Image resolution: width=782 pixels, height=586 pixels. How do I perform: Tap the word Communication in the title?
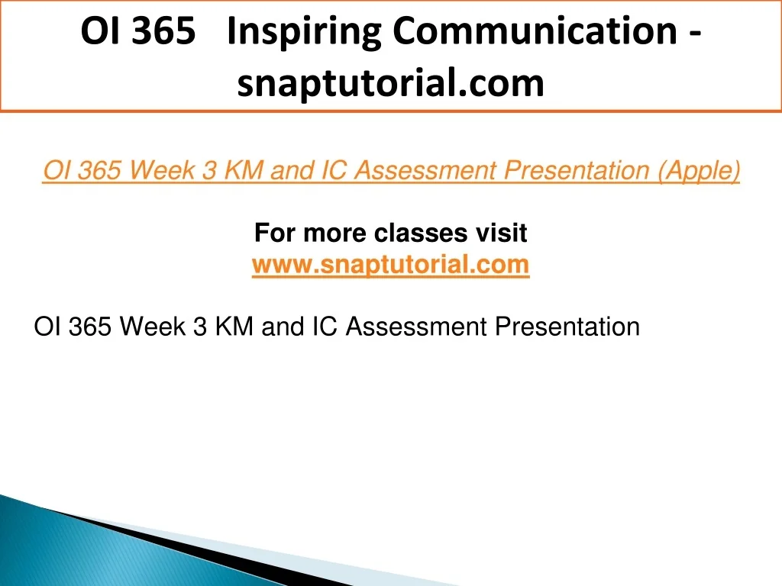coord(535,31)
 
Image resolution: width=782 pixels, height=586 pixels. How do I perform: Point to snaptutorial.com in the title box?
coord(390,83)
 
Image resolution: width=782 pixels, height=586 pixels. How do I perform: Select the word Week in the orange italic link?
coord(163,170)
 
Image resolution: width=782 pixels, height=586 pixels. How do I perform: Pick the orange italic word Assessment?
coord(425,170)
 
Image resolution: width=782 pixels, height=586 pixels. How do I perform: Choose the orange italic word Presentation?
coord(576,170)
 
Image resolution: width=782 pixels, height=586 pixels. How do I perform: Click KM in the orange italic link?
coord(244,170)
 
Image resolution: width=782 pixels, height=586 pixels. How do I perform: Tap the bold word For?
coord(275,233)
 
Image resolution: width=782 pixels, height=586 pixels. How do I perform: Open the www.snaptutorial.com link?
coord(390,264)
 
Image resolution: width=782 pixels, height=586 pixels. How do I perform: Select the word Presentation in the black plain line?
coord(567,327)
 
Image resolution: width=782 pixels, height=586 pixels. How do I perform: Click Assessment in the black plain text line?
coord(416,327)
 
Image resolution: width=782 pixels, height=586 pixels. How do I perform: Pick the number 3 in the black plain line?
coord(199,327)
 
